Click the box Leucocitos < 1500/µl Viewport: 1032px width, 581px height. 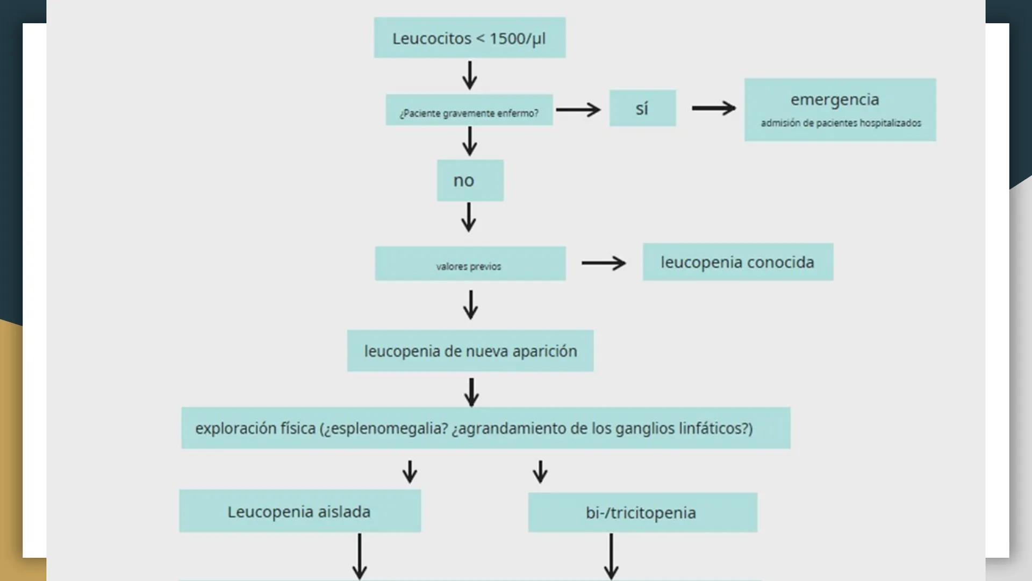(x=469, y=38)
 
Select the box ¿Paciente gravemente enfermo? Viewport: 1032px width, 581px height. (x=469, y=110)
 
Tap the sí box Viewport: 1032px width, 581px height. (x=642, y=108)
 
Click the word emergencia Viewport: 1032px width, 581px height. (x=834, y=100)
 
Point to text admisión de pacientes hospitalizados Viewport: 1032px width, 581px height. (x=841, y=123)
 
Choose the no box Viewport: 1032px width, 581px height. (x=470, y=181)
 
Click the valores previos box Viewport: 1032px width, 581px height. (x=470, y=264)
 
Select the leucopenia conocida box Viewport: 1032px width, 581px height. (x=737, y=262)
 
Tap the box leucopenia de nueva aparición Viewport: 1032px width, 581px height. (x=470, y=351)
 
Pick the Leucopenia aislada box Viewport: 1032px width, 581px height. (x=299, y=511)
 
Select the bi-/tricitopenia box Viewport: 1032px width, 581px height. (x=642, y=513)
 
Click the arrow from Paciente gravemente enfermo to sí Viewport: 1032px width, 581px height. (x=578, y=110)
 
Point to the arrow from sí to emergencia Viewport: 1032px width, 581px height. (x=713, y=108)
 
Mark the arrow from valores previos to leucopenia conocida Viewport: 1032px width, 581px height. (x=604, y=263)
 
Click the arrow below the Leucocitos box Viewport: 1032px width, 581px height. (x=469, y=75)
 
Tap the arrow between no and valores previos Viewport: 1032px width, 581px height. (x=469, y=217)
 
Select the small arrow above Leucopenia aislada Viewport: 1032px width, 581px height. (x=410, y=471)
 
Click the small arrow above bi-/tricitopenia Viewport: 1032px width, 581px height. (x=540, y=471)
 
